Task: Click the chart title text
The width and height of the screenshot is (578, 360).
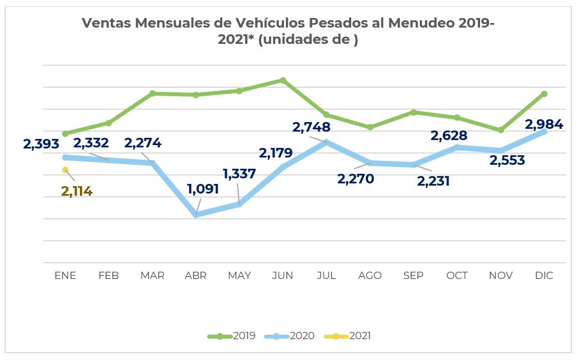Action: coord(288,31)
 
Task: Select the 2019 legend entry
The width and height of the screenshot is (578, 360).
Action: coord(232,336)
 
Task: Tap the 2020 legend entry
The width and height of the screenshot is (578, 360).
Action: coord(291,336)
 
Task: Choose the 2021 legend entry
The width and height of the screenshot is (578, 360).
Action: coord(348,336)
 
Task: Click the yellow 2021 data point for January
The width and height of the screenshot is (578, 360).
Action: coord(65,169)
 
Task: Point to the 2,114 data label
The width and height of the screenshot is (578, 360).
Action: coord(77,191)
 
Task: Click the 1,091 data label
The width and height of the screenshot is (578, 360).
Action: coord(203,188)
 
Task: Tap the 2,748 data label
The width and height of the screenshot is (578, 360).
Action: coord(311,127)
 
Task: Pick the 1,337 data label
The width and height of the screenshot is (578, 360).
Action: coord(239,174)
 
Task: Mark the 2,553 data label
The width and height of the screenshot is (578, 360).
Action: coord(507,160)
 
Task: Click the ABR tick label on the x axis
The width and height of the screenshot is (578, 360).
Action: coord(196,276)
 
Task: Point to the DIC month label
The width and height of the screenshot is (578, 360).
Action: coord(544,276)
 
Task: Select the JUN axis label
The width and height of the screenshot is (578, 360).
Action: coord(283,276)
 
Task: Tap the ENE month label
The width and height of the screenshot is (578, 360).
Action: coord(65,276)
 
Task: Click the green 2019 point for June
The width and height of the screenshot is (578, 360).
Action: coord(283,80)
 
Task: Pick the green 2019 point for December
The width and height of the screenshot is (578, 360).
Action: coord(544,94)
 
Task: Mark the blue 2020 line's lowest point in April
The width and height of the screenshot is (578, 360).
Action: coord(196,215)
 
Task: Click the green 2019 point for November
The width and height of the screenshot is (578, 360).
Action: coord(501,130)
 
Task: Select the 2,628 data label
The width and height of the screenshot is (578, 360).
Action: coord(449,136)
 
